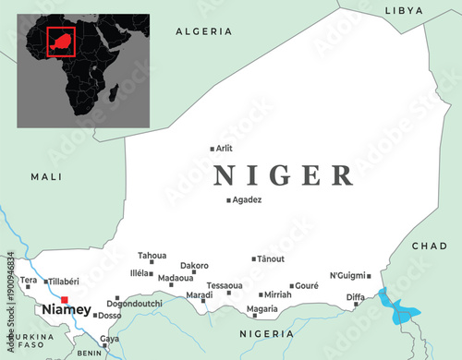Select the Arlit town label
tap(225, 148)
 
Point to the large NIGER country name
tap(283, 174)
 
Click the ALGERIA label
tap(204, 31)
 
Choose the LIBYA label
tap(404, 11)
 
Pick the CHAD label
tap(429, 246)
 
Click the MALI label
tap(46, 176)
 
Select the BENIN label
tap(90, 353)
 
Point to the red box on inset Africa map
tap(60, 41)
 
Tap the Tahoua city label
tap(152, 256)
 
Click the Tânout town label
tap(271, 259)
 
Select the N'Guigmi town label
tap(347, 275)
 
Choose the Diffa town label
tap(356, 297)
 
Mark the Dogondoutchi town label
tap(134, 303)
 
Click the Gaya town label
tap(110, 339)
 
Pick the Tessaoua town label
tap(225, 285)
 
